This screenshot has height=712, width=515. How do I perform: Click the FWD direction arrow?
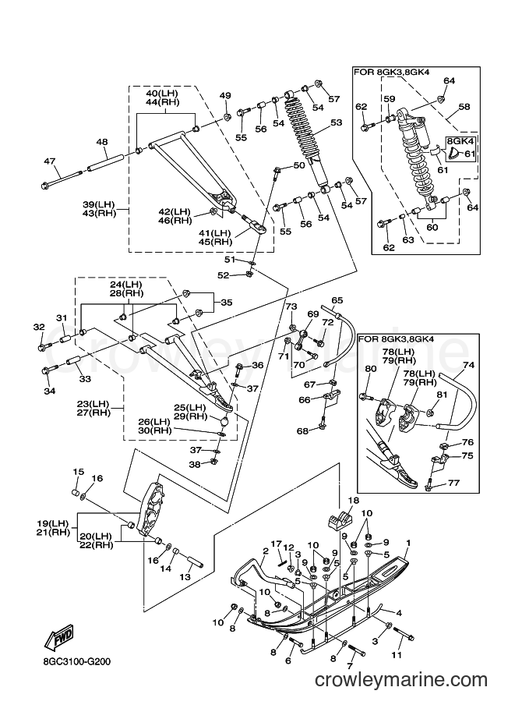58,636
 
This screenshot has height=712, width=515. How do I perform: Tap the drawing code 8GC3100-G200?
74,661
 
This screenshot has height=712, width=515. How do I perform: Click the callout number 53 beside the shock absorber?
337,122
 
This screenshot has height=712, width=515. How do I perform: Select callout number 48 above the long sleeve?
102,142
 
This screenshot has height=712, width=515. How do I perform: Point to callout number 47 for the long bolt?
49,161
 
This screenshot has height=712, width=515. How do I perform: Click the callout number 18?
354,501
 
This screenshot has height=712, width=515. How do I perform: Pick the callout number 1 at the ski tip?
408,543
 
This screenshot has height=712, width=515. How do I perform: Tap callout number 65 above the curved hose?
337,300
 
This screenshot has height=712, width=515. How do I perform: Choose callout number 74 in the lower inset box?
469,365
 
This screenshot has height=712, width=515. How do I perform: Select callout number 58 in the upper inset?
464,107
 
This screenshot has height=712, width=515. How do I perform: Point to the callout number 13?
185,577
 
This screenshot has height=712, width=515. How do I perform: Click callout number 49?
225,95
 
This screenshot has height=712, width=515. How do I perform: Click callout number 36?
258,365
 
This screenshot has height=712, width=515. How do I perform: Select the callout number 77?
453,483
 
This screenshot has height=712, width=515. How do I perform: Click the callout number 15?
79,472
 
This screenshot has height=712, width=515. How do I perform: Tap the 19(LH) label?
53,522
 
